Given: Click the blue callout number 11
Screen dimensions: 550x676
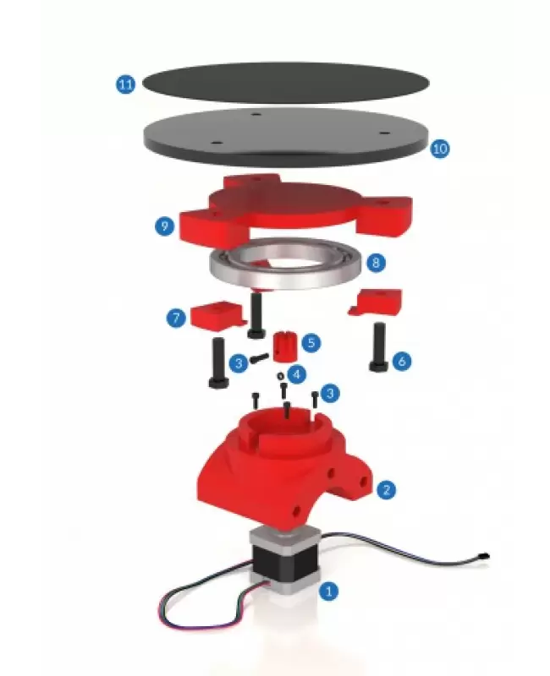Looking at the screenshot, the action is tap(125, 84).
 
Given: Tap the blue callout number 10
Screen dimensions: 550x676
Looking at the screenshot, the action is tap(439, 149).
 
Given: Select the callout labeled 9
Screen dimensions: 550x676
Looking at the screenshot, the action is tap(164, 226).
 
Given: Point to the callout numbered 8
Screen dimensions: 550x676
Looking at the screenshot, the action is tap(376, 262).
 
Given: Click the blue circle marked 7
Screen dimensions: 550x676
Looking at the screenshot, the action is tap(176, 319).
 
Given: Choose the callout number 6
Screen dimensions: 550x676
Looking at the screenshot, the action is tap(401, 361).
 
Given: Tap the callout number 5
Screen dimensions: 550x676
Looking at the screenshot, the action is tap(311, 343).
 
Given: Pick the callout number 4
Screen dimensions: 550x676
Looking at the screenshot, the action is tap(296, 374).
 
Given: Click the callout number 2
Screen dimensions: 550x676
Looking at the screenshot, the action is tap(386, 489).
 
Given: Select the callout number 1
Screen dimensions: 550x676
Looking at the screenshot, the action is tap(328, 590).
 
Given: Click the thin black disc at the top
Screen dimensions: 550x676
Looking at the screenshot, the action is tap(285, 83).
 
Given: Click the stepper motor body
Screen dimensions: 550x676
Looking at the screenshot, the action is tap(283, 560).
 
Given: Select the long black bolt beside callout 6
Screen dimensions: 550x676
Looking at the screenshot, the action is tap(379, 347).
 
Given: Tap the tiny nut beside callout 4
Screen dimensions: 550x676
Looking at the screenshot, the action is tap(281, 375).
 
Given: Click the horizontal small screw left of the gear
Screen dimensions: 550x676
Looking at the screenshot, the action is tap(259, 357).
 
